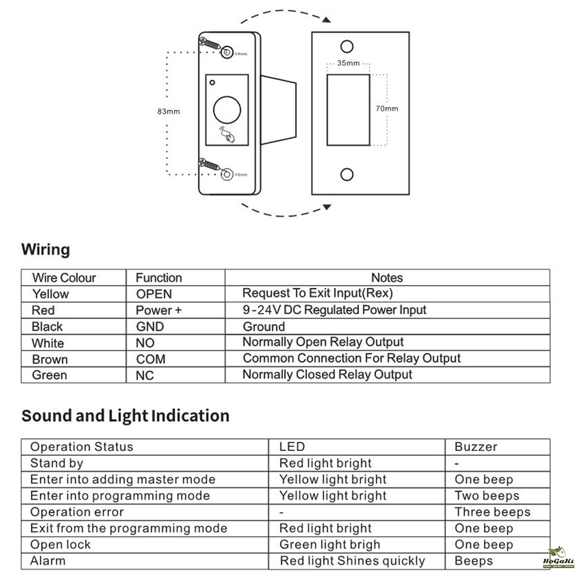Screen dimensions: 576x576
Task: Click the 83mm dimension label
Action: (168, 111)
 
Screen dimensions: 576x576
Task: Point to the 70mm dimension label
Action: (386, 108)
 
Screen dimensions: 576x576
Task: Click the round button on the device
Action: (227, 109)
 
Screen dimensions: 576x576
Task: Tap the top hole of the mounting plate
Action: (347, 46)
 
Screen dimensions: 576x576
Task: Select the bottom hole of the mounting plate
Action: (347, 174)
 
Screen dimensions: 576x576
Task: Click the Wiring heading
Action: (46, 250)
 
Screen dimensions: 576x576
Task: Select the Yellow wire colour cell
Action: (51, 294)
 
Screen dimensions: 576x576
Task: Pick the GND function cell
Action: (150, 327)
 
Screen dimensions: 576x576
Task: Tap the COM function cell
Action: (151, 359)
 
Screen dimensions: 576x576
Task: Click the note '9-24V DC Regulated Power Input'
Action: (334, 310)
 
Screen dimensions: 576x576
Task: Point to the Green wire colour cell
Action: (50, 375)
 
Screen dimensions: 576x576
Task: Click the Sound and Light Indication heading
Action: (125, 416)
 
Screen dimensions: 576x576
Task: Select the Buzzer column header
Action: (476, 446)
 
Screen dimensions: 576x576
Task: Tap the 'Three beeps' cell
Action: (492, 511)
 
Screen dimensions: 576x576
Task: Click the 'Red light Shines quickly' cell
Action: (352, 560)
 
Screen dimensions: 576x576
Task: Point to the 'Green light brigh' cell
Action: (329, 544)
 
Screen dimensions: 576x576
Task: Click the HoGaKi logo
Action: (556, 557)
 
